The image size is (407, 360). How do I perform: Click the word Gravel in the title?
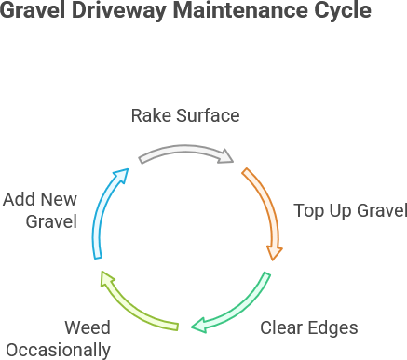pos(34,12)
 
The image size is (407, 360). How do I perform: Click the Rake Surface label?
pos(184,116)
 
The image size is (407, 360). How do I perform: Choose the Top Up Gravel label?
pos(349,210)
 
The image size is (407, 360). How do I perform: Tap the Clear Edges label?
pos(308,327)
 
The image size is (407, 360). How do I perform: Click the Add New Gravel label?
pos(39,210)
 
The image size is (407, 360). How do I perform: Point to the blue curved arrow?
pos(103,209)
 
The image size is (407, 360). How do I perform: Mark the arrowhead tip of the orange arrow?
pos(274,259)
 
